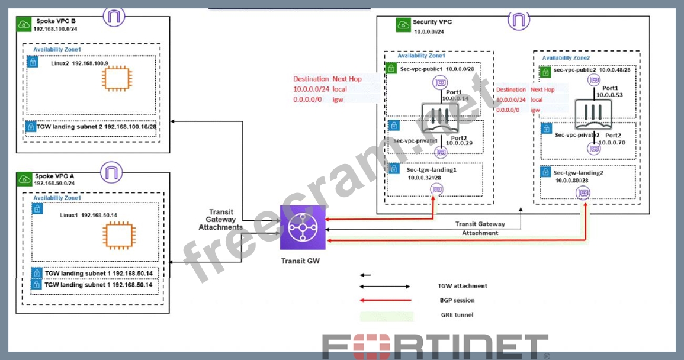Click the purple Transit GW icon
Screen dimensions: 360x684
tap(303, 229)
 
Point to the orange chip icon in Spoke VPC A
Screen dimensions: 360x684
tap(115, 236)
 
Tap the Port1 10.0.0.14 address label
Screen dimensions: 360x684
tap(455, 95)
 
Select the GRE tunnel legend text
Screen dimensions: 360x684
tap(457, 314)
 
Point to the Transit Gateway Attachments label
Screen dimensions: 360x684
tap(220, 219)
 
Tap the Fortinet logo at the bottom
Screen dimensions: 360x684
tap(435, 346)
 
